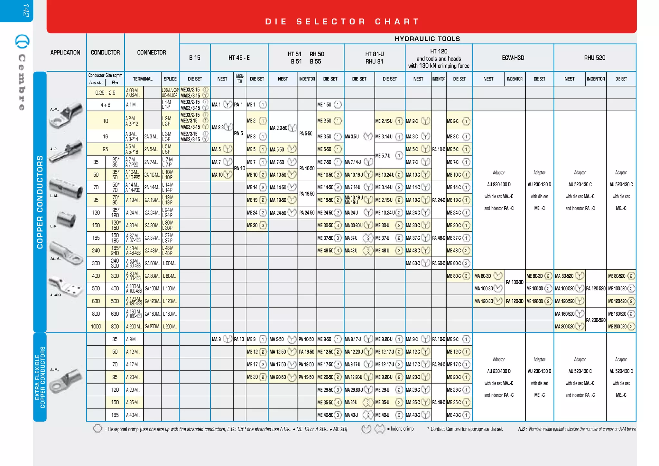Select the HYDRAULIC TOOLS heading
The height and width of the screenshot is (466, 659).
[x=427, y=39]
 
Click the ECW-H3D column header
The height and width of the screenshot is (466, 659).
[x=513, y=58]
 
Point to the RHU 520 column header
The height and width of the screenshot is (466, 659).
[x=595, y=58]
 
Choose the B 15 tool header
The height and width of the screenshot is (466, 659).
[x=195, y=58]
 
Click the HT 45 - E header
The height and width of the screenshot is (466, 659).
[x=239, y=58]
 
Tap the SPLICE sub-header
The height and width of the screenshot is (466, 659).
[x=170, y=79]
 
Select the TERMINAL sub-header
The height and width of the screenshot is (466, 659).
[x=143, y=79]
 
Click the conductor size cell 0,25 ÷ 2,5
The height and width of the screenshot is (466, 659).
[x=105, y=93]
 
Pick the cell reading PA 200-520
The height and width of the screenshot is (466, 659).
[x=596, y=320]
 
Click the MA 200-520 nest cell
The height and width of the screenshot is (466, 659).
[x=565, y=326]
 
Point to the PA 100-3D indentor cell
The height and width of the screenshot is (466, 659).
[x=515, y=282]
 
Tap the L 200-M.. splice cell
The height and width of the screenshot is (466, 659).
[x=170, y=326]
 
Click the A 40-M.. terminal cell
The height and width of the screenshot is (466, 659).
[x=133, y=415]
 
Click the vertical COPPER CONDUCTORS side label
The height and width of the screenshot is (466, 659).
[x=40, y=202]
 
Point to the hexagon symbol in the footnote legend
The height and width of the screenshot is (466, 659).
[x=97, y=429]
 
